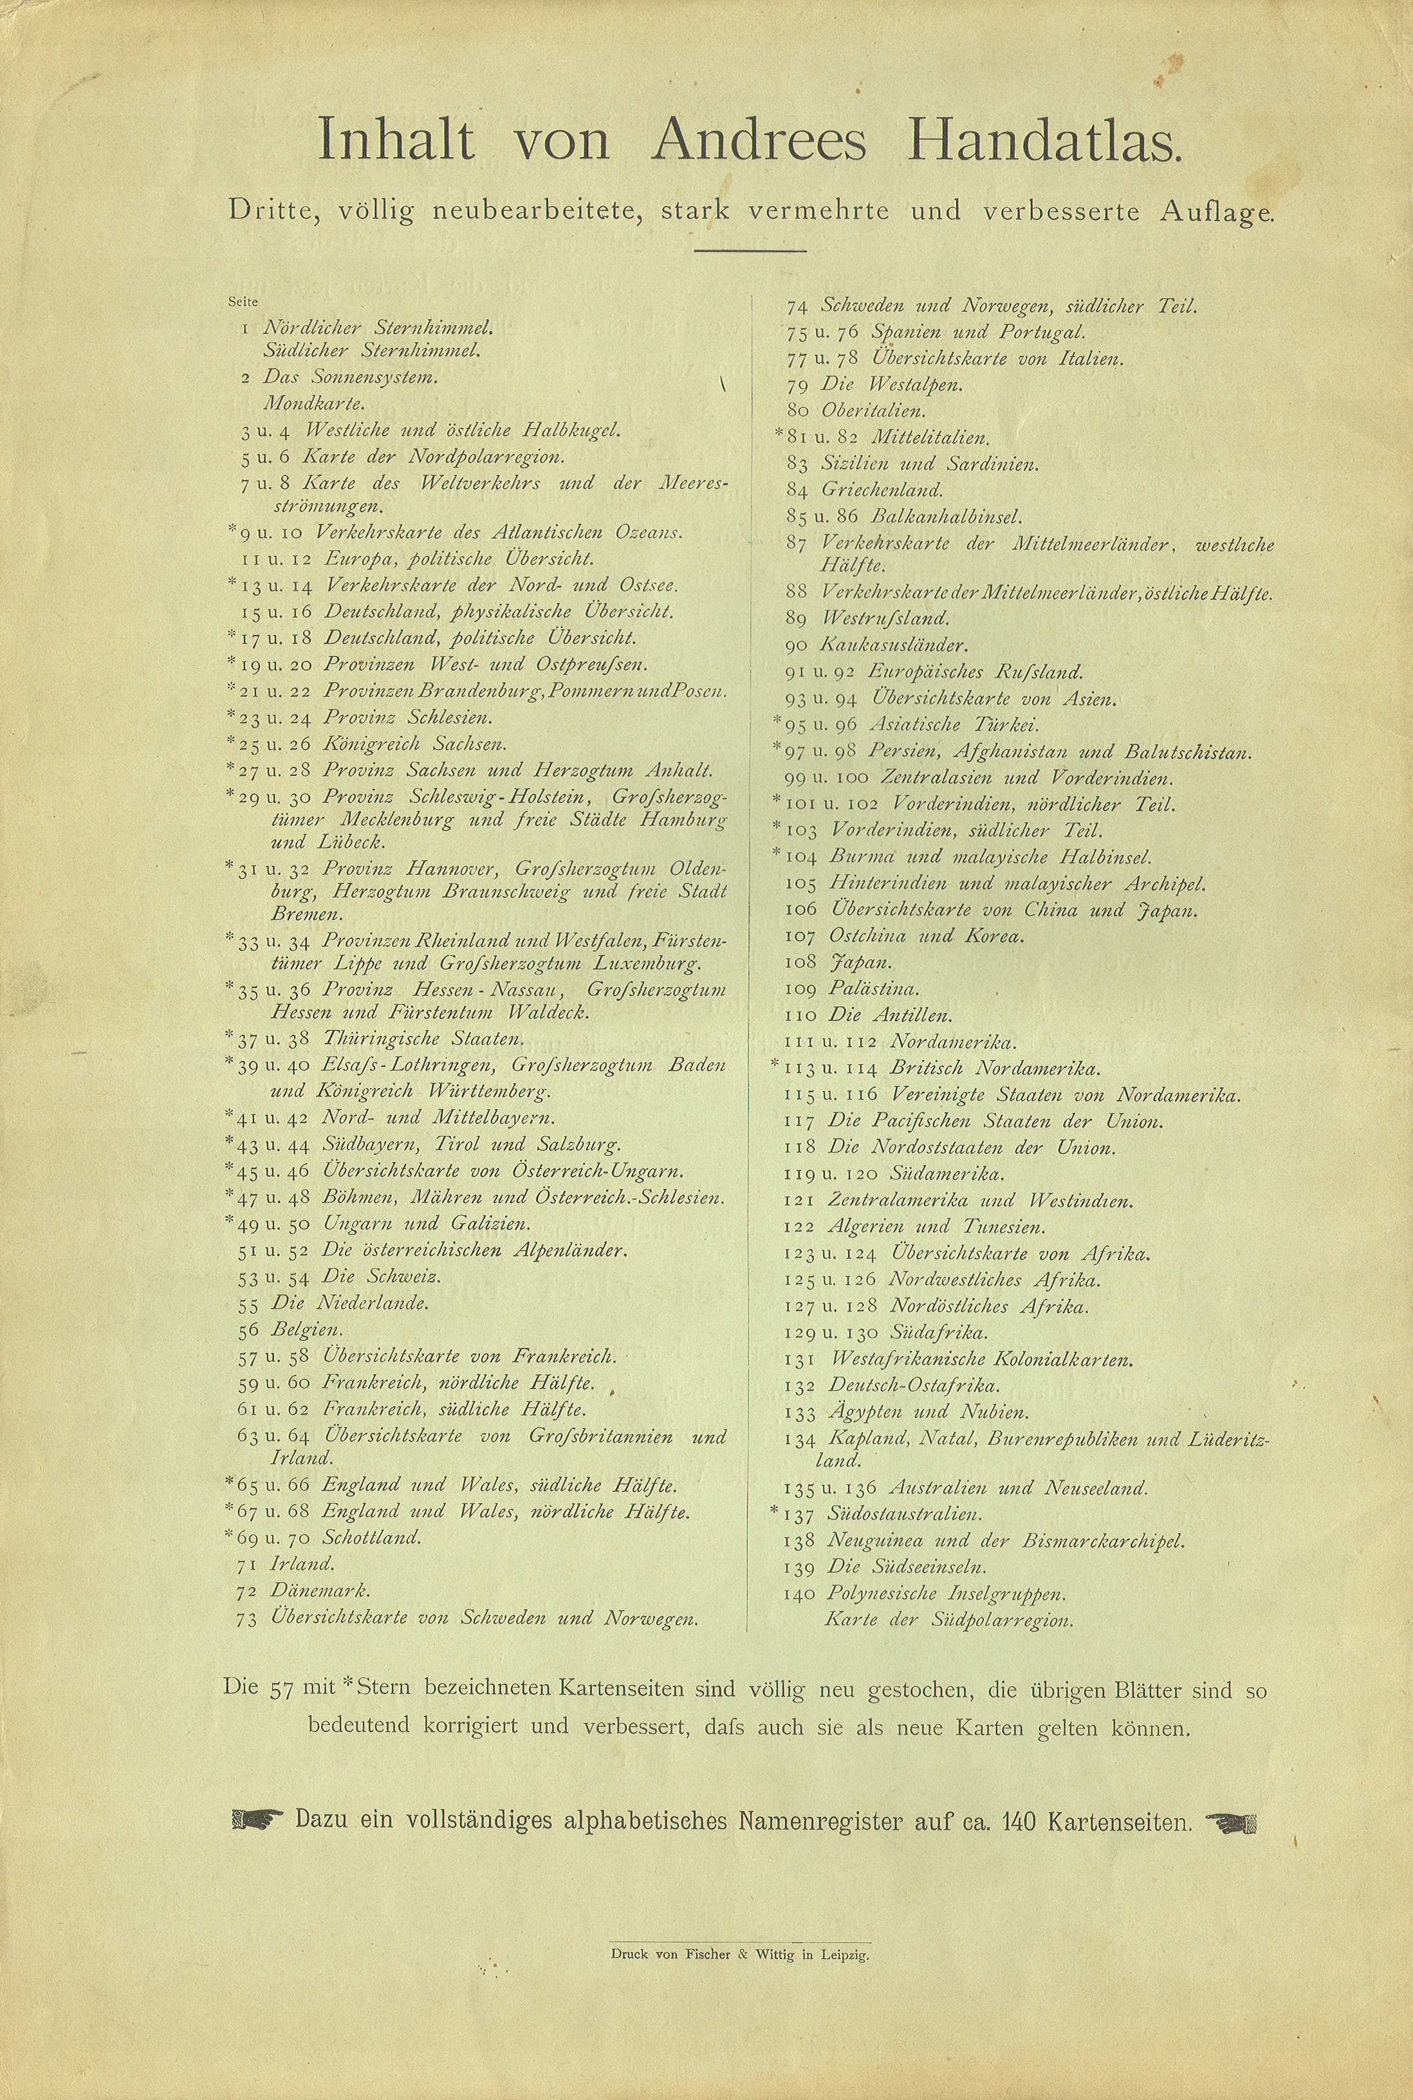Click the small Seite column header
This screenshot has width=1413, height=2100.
pos(243,302)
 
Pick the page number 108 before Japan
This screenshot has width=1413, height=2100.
pos(801,962)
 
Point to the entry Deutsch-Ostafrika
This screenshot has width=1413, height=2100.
pos(914,1386)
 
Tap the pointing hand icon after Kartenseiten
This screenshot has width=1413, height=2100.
pos(1230,1821)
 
